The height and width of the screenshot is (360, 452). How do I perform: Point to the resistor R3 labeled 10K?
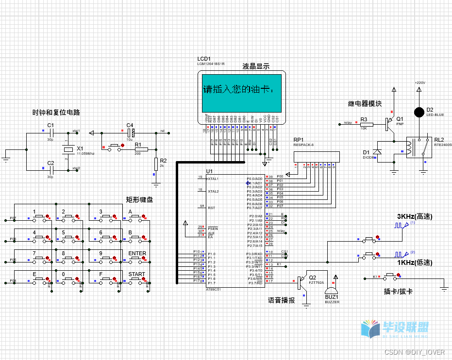(x=366, y=125)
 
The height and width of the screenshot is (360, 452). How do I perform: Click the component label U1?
(x=209, y=171)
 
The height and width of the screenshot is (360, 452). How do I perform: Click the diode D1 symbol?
(x=376, y=152)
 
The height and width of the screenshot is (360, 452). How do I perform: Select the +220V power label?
(x=419, y=83)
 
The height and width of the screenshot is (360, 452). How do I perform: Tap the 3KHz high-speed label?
(x=415, y=216)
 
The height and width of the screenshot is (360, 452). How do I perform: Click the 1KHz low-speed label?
(x=415, y=262)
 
